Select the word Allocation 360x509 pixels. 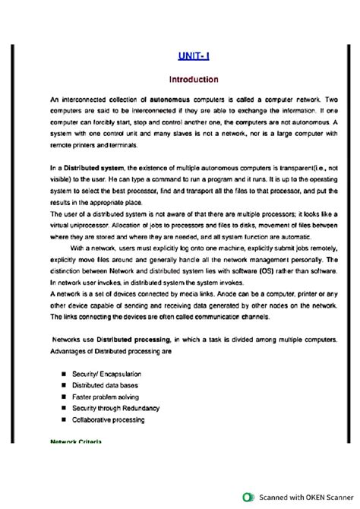tap(132, 226)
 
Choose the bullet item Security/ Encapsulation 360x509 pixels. tap(105, 375)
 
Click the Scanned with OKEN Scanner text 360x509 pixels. tap(303, 498)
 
